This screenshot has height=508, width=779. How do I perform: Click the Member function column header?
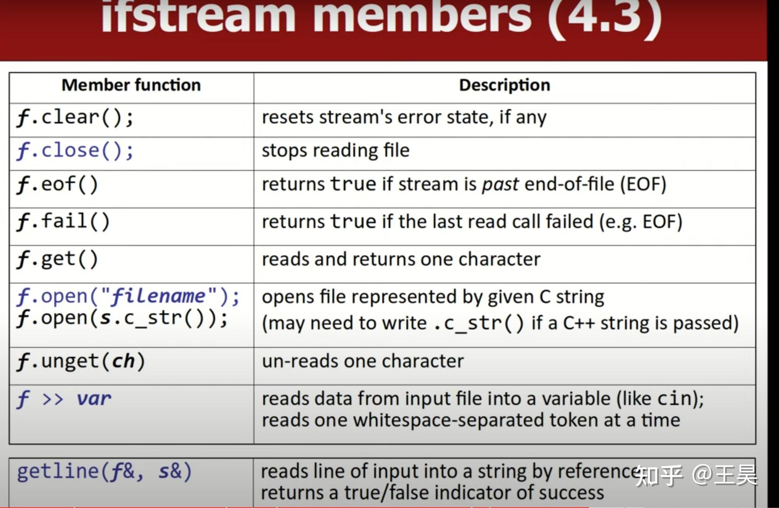[131, 85]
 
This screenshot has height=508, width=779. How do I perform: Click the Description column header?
[504, 85]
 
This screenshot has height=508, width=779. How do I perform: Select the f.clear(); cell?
[75, 118]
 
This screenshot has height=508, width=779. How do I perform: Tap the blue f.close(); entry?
[75, 151]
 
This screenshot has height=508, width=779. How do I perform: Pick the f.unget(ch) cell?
[81, 362]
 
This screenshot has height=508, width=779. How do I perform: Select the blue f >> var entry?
[64, 399]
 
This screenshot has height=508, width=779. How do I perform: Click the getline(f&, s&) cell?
[104, 472]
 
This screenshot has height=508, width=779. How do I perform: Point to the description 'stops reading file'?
[336, 151]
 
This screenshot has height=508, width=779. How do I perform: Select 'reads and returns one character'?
[401, 259]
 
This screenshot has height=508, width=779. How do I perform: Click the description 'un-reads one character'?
[363, 361]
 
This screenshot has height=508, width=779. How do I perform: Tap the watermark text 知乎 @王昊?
[696, 475]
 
